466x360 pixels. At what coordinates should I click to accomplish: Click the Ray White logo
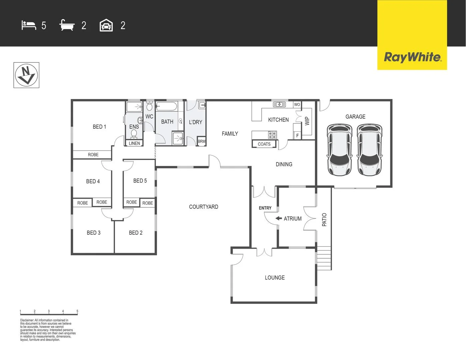(x=412, y=57)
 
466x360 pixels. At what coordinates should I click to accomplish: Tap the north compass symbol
(x=26, y=75)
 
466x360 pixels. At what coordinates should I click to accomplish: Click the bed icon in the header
(x=29, y=25)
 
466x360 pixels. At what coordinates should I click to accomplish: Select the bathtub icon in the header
(x=67, y=25)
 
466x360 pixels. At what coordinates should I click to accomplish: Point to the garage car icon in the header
(x=106, y=25)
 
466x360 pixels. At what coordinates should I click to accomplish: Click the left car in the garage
(x=339, y=150)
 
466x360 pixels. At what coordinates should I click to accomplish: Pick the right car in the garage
(x=369, y=150)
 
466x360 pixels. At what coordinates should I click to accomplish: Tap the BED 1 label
(x=99, y=127)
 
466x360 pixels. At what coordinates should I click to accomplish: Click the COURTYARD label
(x=203, y=207)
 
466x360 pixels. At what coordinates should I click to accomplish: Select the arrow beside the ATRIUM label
(x=278, y=219)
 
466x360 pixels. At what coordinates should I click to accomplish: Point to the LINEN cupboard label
(x=134, y=143)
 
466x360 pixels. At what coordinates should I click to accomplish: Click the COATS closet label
(x=264, y=144)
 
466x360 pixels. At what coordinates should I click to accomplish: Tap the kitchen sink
(x=279, y=104)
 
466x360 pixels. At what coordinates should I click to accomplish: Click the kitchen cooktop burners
(x=272, y=135)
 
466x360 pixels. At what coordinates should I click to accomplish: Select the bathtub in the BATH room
(x=167, y=107)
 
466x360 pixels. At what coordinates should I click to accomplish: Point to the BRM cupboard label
(x=202, y=141)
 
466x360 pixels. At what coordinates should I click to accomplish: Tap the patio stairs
(x=324, y=258)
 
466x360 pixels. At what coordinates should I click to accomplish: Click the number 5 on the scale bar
(x=77, y=311)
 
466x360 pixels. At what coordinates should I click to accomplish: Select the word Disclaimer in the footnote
(x=27, y=320)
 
